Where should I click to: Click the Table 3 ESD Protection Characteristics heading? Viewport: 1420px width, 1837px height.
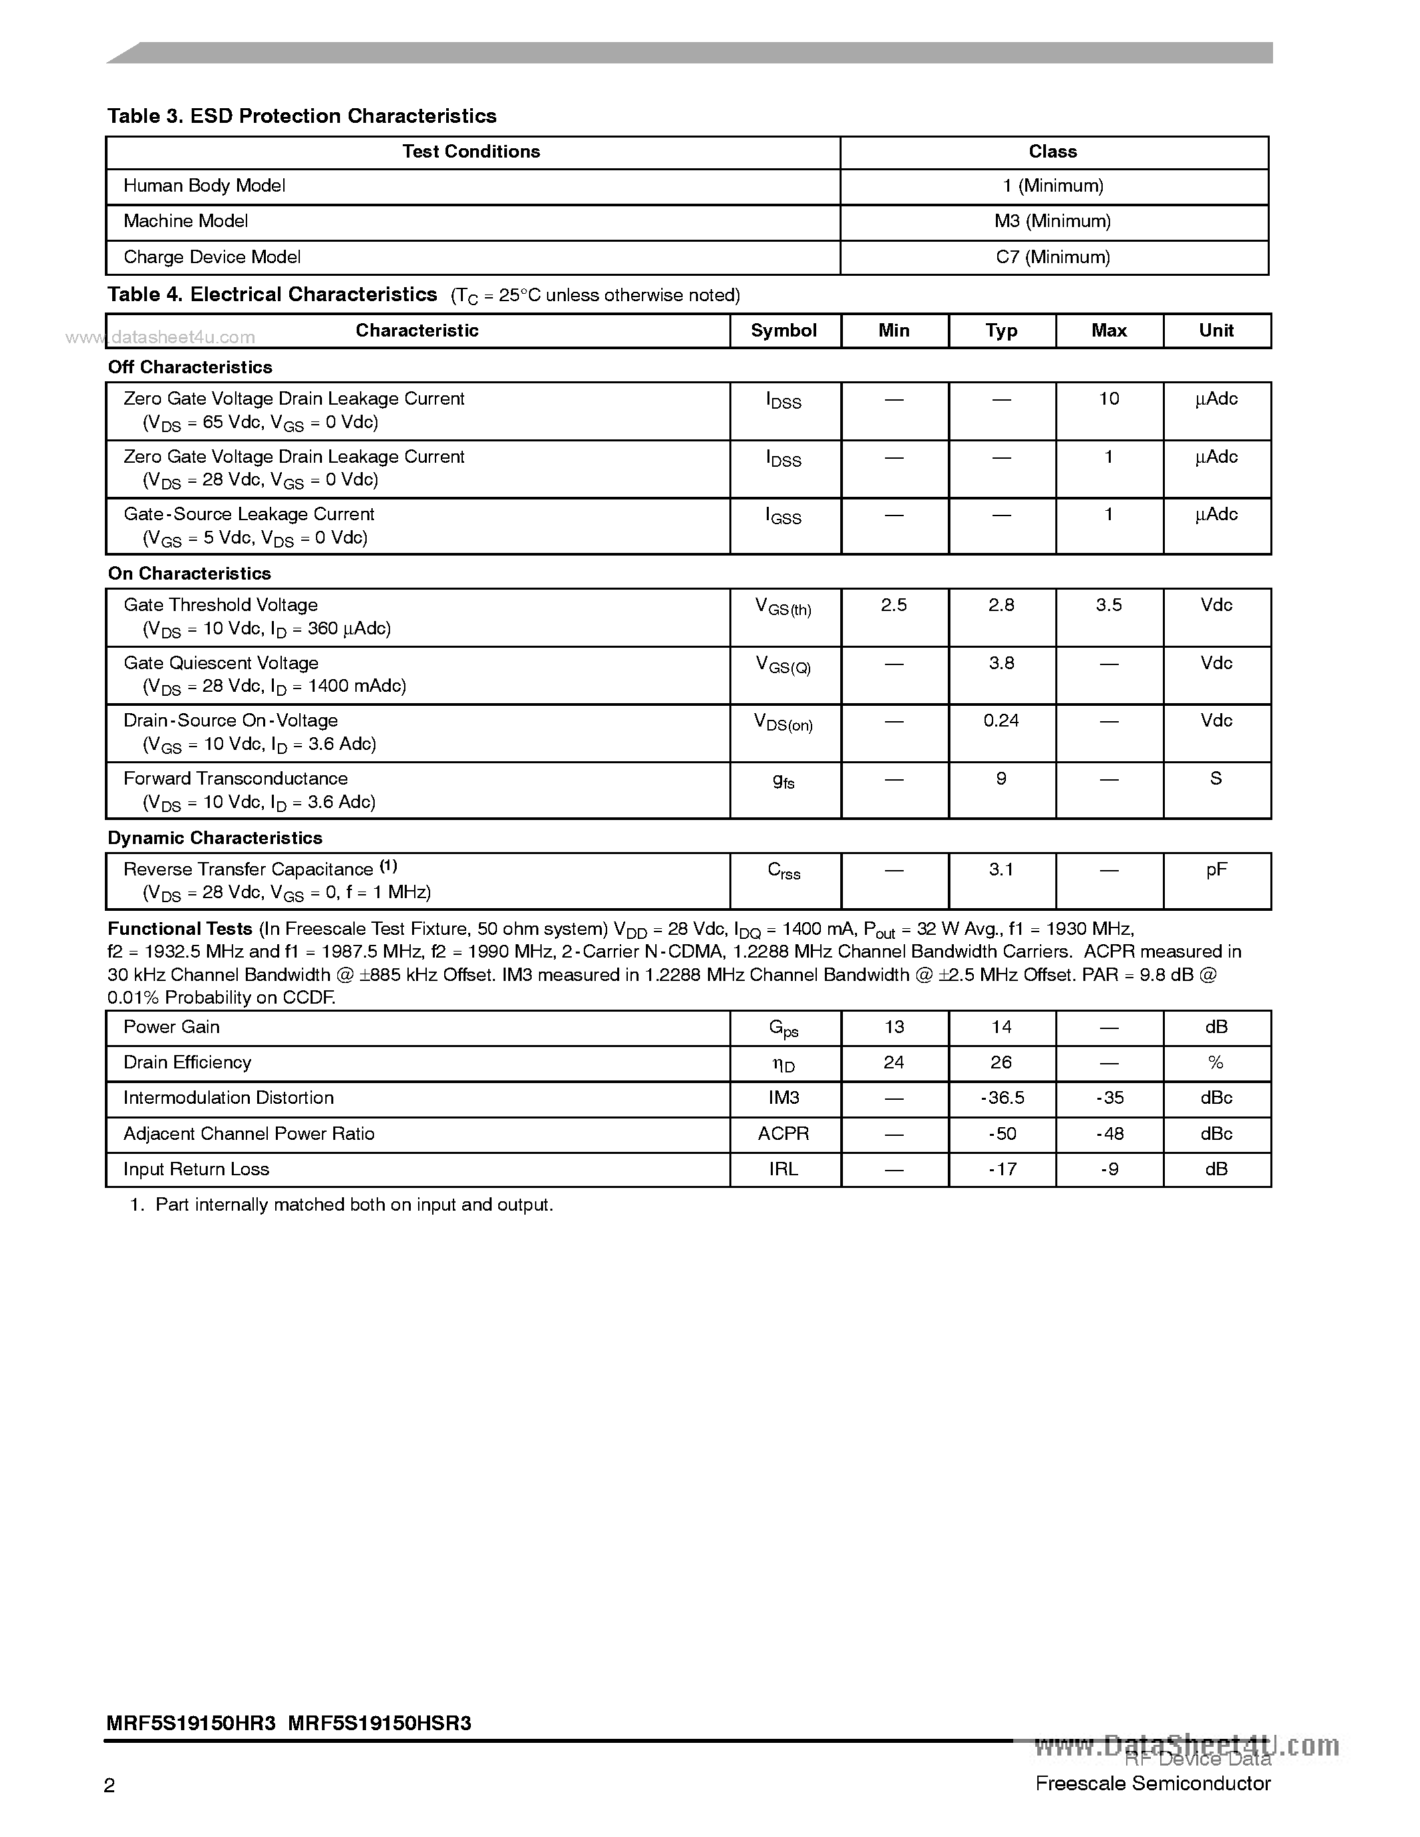tap(301, 116)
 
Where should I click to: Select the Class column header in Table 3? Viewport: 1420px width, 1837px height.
tap(1053, 152)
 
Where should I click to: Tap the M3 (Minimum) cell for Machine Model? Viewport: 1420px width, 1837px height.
tap(1053, 221)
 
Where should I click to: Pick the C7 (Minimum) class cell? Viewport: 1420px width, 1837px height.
tap(1053, 257)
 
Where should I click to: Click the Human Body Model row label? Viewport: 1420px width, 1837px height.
tap(204, 186)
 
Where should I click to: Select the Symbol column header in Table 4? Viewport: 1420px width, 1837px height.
tap(783, 331)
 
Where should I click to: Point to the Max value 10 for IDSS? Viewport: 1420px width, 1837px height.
tap(1109, 399)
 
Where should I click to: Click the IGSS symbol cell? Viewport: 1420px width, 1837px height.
tap(783, 516)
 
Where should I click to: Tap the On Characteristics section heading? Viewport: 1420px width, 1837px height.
tap(189, 574)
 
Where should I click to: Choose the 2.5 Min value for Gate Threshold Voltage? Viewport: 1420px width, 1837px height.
tap(894, 605)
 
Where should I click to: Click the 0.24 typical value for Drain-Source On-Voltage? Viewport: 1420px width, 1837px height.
tap(1001, 721)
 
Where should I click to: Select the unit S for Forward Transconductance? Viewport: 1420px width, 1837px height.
tap(1216, 779)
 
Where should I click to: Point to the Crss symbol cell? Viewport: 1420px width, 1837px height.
tap(783, 871)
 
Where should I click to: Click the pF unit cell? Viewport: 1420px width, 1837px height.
tap(1216, 869)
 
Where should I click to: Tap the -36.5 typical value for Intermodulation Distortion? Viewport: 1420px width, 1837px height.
tap(1001, 1098)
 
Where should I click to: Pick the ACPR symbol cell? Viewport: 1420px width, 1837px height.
tap(783, 1134)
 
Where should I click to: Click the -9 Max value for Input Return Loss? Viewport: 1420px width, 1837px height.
tap(1109, 1169)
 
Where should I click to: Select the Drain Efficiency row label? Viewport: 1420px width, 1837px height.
tap(188, 1062)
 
